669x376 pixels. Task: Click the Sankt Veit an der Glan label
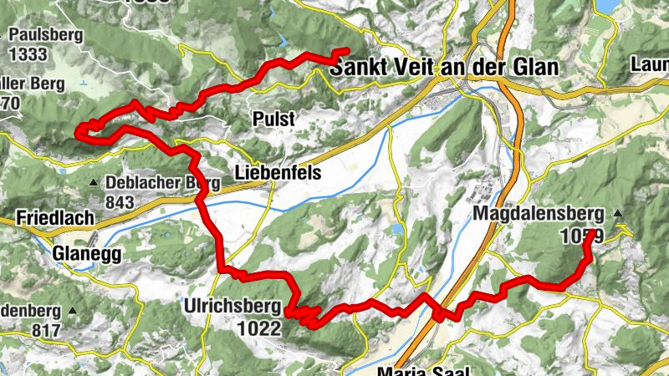[x=443, y=67]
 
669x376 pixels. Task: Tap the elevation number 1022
[x=258, y=328]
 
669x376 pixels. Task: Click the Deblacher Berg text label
[x=162, y=182]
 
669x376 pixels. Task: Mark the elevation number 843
[x=120, y=201]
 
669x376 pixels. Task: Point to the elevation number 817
[x=48, y=330]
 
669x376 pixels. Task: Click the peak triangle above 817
[x=73, y=311]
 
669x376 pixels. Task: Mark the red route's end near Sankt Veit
[x=345, y=52]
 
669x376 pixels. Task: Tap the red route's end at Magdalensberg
[x=591, y=233]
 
